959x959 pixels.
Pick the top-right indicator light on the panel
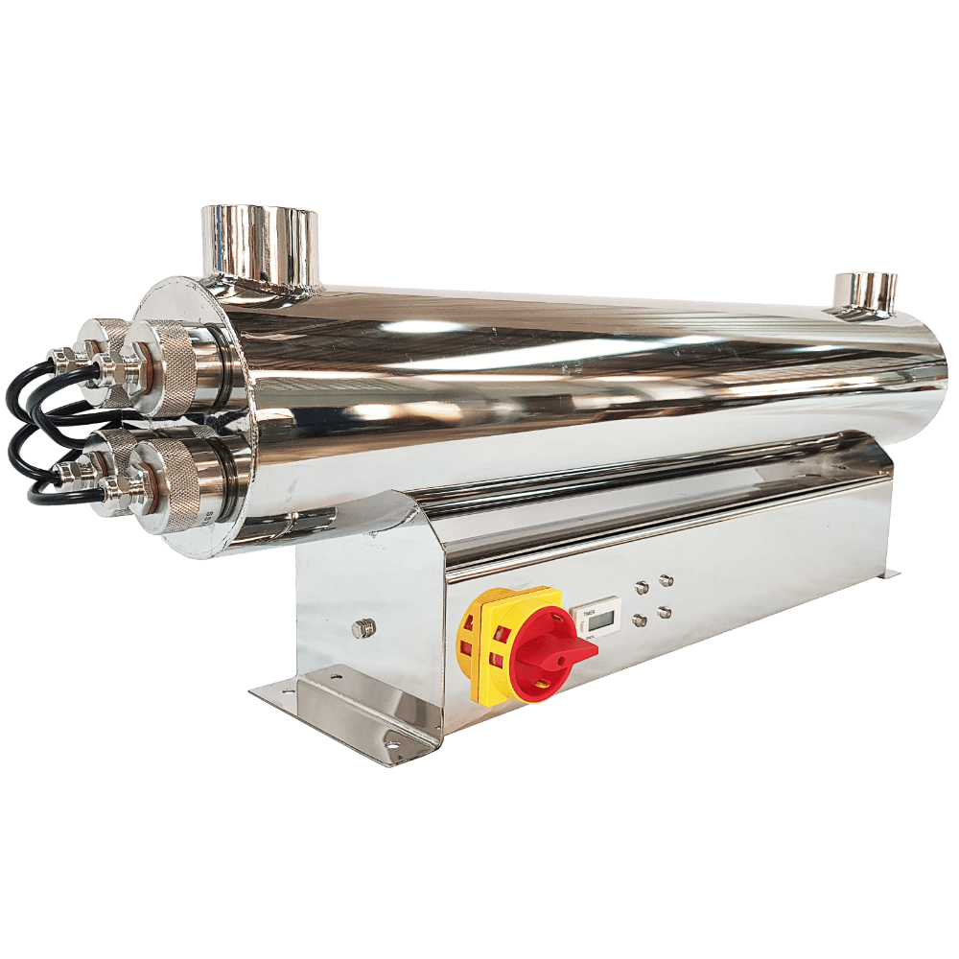coord(666,580)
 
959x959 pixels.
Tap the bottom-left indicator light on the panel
coord(641,620)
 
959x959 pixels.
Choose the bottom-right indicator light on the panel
coord(666,612)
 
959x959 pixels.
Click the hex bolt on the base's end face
coord(363,628)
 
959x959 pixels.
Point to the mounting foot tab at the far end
coord(889,573)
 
